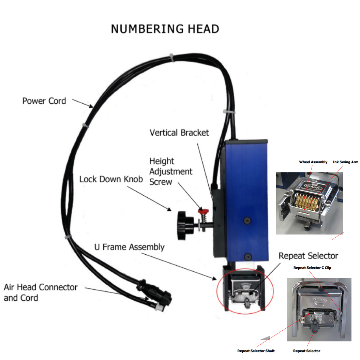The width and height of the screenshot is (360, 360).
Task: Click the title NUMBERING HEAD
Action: click(x=165, y=29)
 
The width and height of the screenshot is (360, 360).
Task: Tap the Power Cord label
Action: click(x=44, y=101)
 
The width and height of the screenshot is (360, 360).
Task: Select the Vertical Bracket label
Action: click(x=179, y=133)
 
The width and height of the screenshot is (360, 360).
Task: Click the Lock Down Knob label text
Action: click(x=111, y=179)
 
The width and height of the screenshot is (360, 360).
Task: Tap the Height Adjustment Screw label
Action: click(x=171, y=171)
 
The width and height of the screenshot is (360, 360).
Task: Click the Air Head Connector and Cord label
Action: click(x=41, y=292)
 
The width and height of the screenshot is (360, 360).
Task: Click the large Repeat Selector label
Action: click(x=308, y=256)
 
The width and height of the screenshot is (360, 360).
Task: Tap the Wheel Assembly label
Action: click(x=313, y=162)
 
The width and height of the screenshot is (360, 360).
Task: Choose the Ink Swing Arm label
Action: click(x=345, y=162)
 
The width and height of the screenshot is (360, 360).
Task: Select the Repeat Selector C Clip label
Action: click(x=312, y=268)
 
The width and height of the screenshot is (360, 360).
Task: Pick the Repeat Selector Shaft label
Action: click(x=256, y=351)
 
